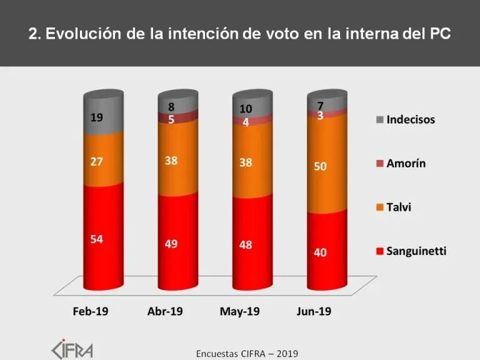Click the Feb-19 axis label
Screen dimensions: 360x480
click(91, 311)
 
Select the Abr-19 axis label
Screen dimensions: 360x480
click(165, 311)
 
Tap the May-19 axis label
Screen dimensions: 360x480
click(240, 311)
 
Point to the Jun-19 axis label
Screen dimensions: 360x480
click(314, 311)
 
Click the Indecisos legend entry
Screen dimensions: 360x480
click(410, 119)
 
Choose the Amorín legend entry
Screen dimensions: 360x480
click(407, 164)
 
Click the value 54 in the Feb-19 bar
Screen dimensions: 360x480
click(97, 239)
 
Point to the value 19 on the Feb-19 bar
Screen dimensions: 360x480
click(97, 116)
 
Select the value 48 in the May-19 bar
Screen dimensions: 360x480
click(246, 244)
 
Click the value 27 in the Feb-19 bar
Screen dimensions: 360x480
click(97, 162)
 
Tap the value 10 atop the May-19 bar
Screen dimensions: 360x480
click(246, 109)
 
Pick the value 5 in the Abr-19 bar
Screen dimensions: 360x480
click(171, 119)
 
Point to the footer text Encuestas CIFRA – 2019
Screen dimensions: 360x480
click(247, 353)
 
